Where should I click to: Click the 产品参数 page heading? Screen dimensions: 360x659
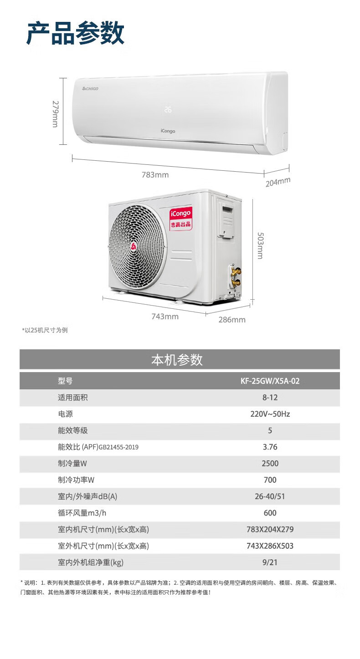75,33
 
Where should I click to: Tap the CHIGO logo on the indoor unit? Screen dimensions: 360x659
90,88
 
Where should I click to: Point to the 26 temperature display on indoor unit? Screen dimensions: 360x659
168,109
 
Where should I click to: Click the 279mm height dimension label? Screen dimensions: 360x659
55,114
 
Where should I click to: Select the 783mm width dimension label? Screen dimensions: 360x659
155,175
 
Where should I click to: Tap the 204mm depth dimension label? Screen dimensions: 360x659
278,182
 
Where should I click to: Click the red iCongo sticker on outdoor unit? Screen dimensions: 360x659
181,218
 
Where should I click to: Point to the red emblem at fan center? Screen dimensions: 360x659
134,247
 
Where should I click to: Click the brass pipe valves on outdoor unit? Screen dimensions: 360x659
236,277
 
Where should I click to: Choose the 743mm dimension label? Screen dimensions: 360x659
165,317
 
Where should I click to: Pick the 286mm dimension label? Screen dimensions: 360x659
231,319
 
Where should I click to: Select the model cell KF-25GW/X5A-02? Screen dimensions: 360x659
270,381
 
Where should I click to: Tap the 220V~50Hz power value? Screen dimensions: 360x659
270,414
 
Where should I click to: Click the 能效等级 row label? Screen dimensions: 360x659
73,430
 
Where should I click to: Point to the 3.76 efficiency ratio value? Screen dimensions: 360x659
270,447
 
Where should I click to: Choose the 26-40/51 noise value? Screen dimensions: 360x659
270,496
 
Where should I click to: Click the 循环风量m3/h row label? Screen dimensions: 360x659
82,513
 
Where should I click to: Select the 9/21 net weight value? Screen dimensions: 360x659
270,562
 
